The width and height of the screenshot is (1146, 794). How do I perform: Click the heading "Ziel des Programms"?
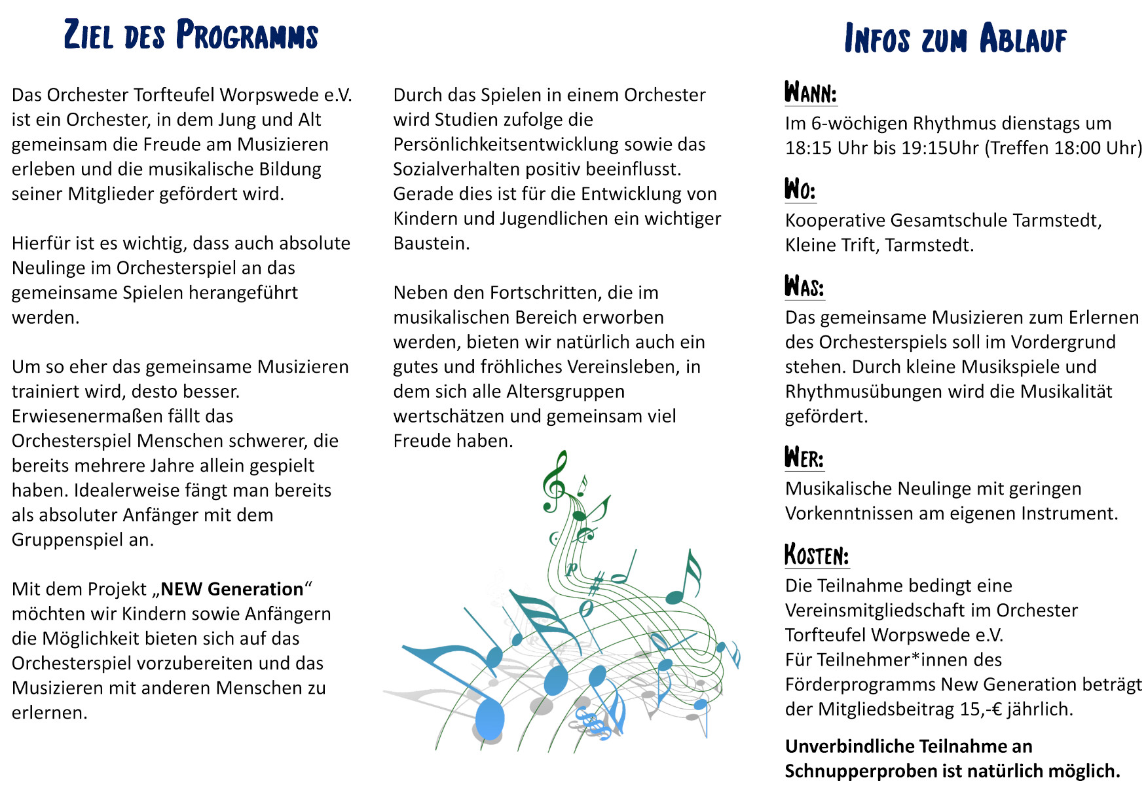(191, 35)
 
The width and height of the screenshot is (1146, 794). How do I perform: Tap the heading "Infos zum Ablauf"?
(955, 38)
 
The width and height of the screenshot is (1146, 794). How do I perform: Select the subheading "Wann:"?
(811, 93)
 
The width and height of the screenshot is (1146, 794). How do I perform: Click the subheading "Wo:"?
(800, 190)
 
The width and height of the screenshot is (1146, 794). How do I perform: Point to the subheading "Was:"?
(804, 287)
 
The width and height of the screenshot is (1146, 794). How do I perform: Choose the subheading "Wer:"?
(804, 458)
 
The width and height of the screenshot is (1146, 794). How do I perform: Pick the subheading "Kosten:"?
(817, 555)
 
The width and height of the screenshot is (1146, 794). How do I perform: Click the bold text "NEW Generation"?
(232, 589)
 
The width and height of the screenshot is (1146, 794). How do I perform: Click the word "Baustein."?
(432, 244)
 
